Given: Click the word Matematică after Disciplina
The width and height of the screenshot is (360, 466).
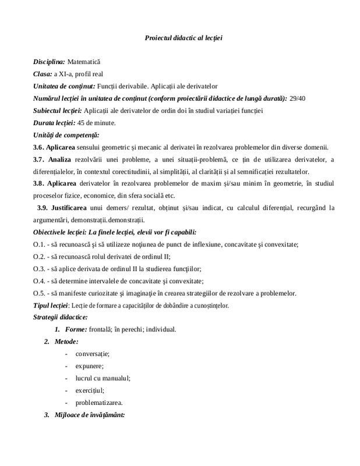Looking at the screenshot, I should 84,61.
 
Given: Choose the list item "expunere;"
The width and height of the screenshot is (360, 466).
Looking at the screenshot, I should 89,366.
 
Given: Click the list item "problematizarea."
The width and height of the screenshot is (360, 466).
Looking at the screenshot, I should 99,403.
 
